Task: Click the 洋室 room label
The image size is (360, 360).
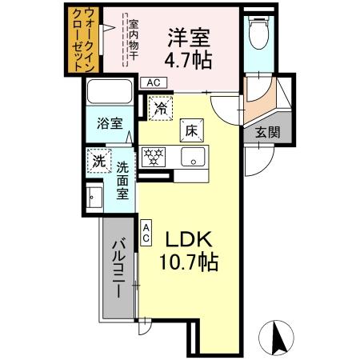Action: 188,38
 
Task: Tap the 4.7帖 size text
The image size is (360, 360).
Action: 189,61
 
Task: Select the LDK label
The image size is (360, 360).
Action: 190,239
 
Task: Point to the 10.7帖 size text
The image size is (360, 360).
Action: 190,262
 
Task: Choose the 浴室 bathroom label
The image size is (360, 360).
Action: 109,125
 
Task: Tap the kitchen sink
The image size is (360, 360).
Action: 192,155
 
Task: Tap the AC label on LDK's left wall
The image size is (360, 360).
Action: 146,232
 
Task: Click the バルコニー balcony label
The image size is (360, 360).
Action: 118,269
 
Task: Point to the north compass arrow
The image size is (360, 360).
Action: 280,338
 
